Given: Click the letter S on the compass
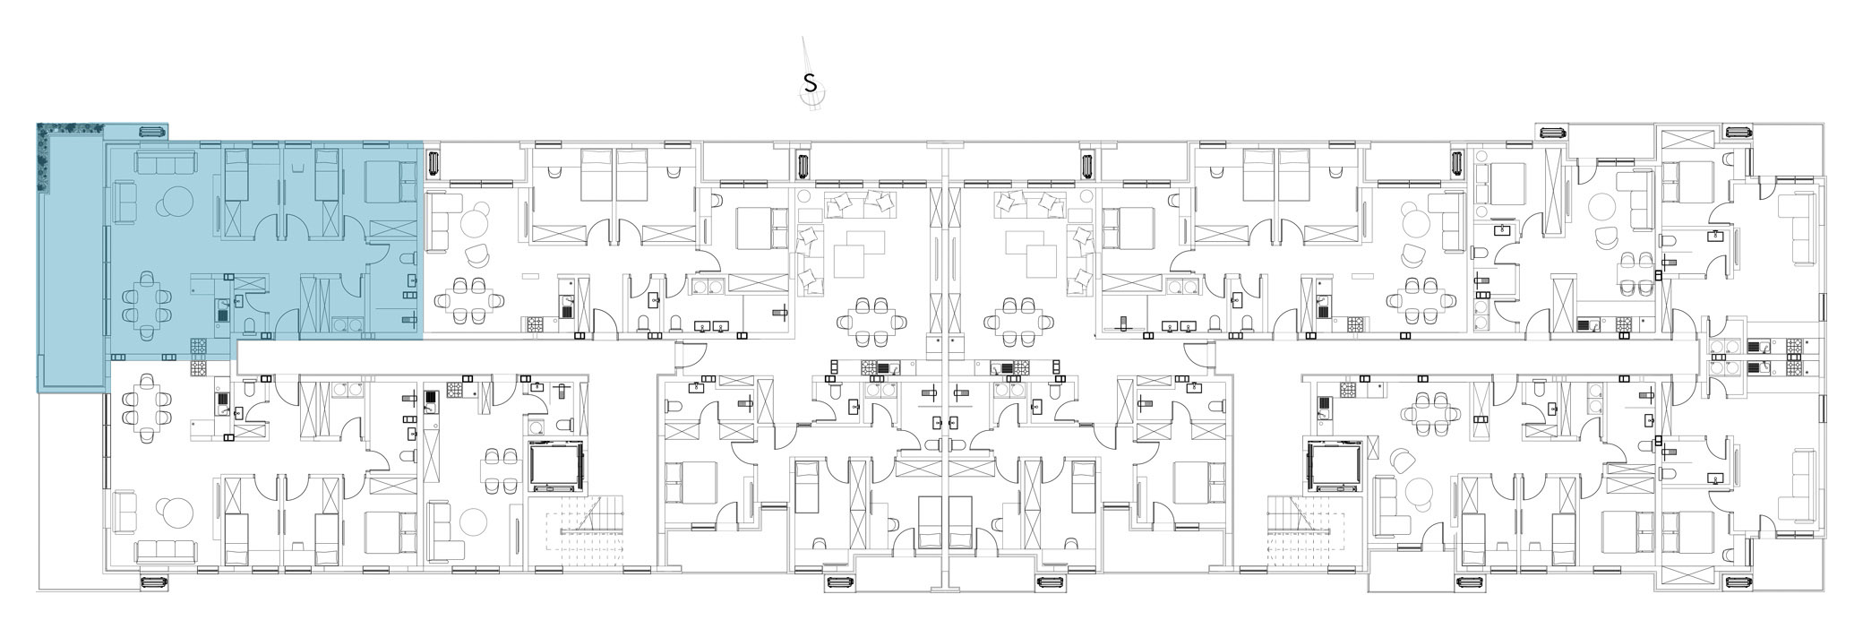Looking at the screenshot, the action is [x=811, y=84].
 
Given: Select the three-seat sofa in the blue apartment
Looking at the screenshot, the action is [x=166, y=163].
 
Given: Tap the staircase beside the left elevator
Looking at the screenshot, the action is [x=589, y=534].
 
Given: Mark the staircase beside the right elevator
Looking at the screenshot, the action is [x=1301, y=534].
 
